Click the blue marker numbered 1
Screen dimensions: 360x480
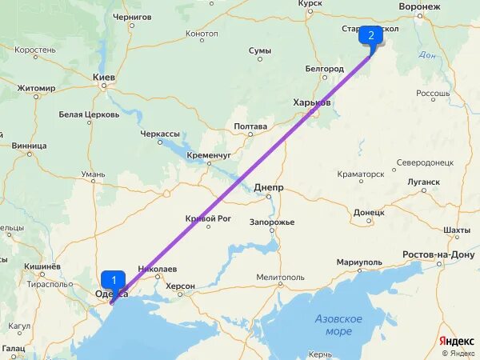pyautogui.click(x=114, y=281)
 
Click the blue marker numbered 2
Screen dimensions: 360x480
pyautogui.click(x=370, y=36)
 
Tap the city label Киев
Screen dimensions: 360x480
pyautogui.click(x=105, y=78)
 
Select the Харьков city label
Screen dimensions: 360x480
pyautogui.click(x=312, y=103)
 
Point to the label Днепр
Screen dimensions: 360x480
pyautogui.click(x=268, y=187)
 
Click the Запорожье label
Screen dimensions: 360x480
pyautogui.click(x=272, y=222)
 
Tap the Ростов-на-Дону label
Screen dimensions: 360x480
pyautogui.click(x=439, y=254)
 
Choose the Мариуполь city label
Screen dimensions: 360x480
pyautogui.click(x=360, y=262)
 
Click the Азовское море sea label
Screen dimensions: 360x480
pyautogui.click(x=338, y=325)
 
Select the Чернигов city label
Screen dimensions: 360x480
pyautogui.click(x=132, y=16)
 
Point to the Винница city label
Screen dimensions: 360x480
pyautogui.click(x=30, y=146)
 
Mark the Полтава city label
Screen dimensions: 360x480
pyautogui.click(x=250, y=126)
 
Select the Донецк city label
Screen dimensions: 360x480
pyautogui.click(x=369, y=213)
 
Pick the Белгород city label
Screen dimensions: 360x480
pyautogui.click(x=324, y=69)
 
